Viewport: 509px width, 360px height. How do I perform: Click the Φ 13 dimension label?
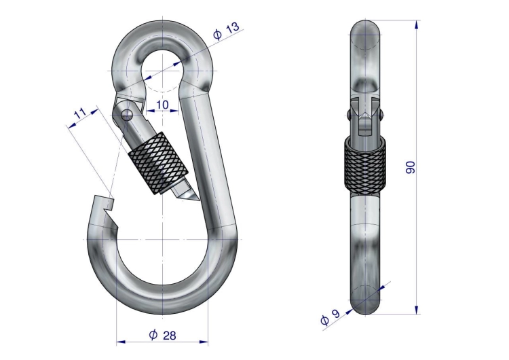tap(226, 30)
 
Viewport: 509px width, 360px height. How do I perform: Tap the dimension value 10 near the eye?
tap(163, 105)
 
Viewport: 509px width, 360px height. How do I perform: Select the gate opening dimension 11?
tap(80, 113)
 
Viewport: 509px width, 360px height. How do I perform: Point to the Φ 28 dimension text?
tap(162, 335)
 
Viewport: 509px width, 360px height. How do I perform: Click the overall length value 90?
tap(411, 167)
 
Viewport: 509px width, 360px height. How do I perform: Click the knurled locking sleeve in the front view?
tap(158, 164)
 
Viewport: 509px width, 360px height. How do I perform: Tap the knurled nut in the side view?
tap(365, 166)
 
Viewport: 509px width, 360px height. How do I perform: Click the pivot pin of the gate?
tap(127, 114)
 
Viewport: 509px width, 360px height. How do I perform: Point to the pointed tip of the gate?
tap(197, 199)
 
